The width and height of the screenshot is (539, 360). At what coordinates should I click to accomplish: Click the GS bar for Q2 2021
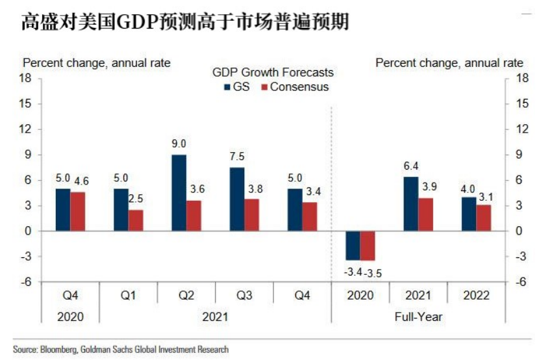coord(179,193)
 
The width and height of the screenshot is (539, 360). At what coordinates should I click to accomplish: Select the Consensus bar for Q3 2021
coord(252,215)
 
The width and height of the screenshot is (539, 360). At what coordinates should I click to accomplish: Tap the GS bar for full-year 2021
coord(411,204)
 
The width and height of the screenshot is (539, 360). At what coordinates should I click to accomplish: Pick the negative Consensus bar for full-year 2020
coord(368,246)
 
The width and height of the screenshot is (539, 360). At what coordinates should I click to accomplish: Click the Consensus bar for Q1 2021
coord(136,220)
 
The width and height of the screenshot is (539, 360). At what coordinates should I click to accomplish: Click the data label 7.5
coord(237,157)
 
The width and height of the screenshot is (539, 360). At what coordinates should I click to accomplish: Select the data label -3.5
coord(373,272)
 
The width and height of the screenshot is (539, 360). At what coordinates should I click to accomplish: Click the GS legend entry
coord(236,86)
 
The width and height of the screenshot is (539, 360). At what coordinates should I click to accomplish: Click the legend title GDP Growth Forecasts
coord(273,72)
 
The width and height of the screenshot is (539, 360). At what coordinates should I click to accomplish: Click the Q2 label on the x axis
coord(186,296)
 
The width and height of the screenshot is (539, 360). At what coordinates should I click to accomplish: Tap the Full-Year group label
coord(419,316)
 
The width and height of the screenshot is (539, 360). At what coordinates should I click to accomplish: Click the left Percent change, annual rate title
coord(97,63)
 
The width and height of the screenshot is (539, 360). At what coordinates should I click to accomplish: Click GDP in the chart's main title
coord(134,23)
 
